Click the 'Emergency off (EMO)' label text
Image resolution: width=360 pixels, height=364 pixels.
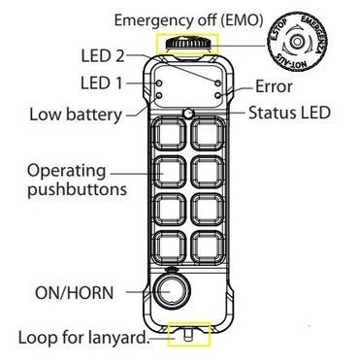[x=188, y=20]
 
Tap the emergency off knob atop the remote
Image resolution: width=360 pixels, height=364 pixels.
[x=187, y=45]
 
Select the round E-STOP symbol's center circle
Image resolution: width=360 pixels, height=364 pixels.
[x=296, y=41]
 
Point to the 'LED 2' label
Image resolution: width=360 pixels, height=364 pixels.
[x=103, y=55]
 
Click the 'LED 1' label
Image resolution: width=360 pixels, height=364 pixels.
[x=102, y=83]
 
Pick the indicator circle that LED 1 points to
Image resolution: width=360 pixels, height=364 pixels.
[x=159, y=83]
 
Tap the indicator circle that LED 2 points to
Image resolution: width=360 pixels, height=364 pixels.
[x=218, y=83]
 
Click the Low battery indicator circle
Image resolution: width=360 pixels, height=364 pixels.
[x=159, y=95]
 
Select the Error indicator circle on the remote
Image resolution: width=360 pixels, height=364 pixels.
[x=218, y=95]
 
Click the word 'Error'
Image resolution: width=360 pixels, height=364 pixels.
[x=274, y=86]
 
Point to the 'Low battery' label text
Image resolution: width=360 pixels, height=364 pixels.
[x=76, y=115]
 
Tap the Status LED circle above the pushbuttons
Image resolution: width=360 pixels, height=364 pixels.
[x=188, y=114]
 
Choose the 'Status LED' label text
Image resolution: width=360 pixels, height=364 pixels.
[x=289, y=113]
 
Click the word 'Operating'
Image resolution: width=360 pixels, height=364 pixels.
[x=67, y=172]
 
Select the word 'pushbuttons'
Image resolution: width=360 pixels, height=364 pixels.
[x=77, y=189]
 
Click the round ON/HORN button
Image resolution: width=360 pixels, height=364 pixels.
[x=171, y=291]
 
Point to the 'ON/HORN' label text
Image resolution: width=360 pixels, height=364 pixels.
[x=75, y=293]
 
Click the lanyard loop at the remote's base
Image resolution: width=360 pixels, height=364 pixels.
[x=188, y=336]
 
